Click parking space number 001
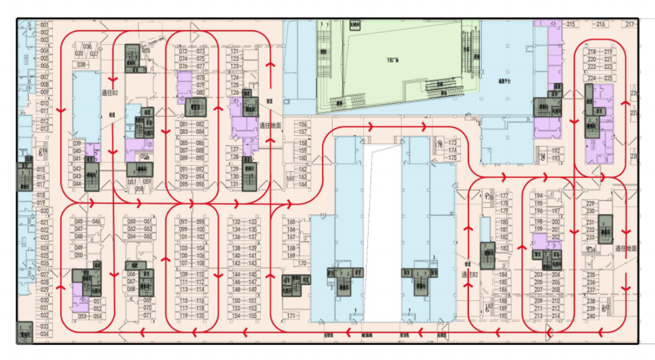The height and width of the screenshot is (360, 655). pyautogui.click(x=44, y=25)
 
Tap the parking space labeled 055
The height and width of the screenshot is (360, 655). pyautogui.click(x=146, y=51)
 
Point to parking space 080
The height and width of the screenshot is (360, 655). pyautogui.click(x=201, y=92)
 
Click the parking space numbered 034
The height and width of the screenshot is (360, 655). pyautogui.click(x=44, y=333)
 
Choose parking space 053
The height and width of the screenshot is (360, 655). pyautogui.click(x=82, y=316)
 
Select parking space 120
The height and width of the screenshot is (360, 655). pyautogui.click(x=201, y=315)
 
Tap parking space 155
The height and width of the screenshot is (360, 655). pyautogui.click(x=253, y=315)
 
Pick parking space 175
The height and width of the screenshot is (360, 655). pyautogui.click(x=453, y=158)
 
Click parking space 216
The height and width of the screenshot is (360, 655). pyautogui.click(x=601, y=24)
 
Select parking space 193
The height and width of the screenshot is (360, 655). pyautogui.click(x=557, y=158)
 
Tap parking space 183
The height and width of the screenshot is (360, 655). pyautogui.click(x=504, y=248)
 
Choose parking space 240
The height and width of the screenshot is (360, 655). pyautogui.click(x=591, y=316)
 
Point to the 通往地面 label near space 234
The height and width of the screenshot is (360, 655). pyautogui.click(x=626, y=248)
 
